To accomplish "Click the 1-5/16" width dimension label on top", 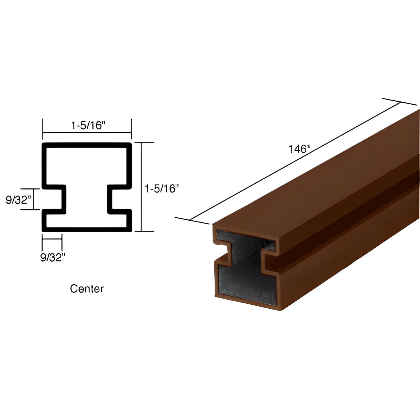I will point(87,126).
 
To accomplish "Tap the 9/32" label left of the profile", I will point(18,200).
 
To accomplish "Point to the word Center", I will point(87,289).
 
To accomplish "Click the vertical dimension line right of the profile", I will point(142,187).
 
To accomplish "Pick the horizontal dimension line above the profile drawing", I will point(87,133).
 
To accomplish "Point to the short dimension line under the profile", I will point(52,239).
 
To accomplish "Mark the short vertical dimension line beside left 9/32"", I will point(34,199).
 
